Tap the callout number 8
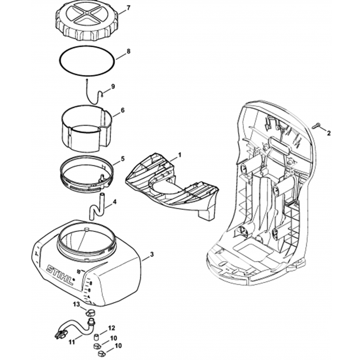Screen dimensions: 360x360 [x=128, y=52]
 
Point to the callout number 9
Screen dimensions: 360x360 [x=113, y=86]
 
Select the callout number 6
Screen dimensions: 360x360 [x=123, y=110]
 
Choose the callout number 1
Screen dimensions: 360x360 [x=180, y=155]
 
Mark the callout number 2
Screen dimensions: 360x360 [x=329, y=133]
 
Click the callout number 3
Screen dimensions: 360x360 [x=151, y=254]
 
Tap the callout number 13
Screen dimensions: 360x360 [x=76, y=305]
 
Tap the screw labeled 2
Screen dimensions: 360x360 [x=315, y=126]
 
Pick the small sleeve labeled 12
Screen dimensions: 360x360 [x=97, y=338]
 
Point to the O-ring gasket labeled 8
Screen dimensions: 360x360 [x=87, y=61]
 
